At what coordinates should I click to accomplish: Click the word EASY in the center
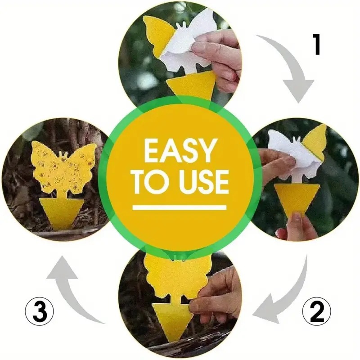pos(180,151)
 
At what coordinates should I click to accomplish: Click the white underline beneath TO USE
pos(179,207)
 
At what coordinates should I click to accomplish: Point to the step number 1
pos(317,44)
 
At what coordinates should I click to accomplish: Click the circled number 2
pos(317,311)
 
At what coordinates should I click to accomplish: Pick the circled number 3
pos(39,311)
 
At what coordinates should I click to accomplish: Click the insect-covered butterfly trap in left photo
pos(63,167)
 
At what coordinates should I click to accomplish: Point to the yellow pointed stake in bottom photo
pos(175,320)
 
